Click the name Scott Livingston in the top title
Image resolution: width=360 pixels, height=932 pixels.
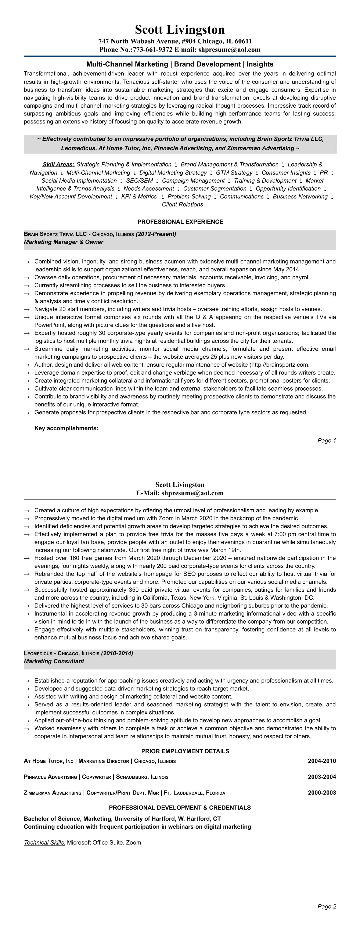[180, 30]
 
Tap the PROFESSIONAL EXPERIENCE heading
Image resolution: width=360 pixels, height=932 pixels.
[180, 222]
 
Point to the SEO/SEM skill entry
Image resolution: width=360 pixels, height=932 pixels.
[139, 180]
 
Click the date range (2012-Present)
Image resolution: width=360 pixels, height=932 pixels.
[156, 234]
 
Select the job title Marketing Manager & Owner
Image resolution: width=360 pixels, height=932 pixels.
[64, 242]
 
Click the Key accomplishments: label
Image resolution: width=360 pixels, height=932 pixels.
[66, 428]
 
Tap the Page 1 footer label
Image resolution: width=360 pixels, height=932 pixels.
[327, 440]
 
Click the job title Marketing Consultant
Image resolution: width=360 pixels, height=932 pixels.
[54, 661]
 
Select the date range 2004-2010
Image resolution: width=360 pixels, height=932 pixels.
[322, 761]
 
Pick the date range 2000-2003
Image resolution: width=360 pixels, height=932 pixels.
[322, 793]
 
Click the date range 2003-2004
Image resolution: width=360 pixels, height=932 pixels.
[322, 777]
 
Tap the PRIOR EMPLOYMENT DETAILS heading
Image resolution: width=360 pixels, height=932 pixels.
[185, 751]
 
